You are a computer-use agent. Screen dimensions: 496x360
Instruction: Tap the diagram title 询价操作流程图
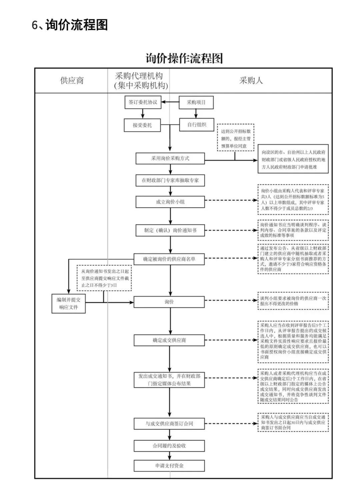coord(184,58)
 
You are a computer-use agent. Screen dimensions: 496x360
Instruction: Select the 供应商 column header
coord(72,80)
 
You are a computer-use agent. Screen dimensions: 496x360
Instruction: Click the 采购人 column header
coord(251,80)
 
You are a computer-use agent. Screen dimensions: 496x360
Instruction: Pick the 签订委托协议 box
coord(143,102)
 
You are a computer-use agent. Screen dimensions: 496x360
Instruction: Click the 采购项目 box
coord(196,102)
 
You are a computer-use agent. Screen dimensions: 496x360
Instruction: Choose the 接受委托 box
coord(142,125)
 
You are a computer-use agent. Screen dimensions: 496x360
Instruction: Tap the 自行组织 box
coord(196,124)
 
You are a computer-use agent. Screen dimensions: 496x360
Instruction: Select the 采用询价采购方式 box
coord(170,159)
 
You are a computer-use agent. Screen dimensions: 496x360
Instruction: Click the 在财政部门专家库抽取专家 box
coord(170,180)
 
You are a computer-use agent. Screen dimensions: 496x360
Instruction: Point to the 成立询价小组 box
coord(170,202)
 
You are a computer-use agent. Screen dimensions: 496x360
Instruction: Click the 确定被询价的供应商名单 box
coord(169,259)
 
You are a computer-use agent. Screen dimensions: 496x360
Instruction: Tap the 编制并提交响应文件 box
coord(69,303)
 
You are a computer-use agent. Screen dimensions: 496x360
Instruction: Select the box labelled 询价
coord(169,302)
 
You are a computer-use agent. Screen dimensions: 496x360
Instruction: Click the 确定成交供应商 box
coord(169,340)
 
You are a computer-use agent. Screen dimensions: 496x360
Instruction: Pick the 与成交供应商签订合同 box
coord(169,424)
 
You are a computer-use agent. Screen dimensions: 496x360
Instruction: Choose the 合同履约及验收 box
coord(169,446)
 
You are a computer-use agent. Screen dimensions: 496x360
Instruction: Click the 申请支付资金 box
coord(169,466)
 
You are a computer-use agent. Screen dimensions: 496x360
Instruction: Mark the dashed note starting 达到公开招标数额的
coord(236,138)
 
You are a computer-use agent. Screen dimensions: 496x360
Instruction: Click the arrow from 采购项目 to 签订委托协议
coord(170,102)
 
